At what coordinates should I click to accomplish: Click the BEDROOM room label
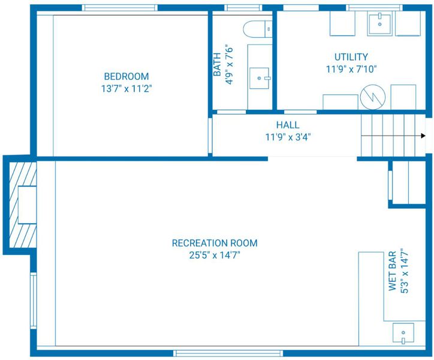pos(126,76)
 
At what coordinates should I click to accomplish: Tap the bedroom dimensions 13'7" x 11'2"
pos(126,89)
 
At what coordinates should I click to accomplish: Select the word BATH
pos(217,64)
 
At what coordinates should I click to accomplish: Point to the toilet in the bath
pos(258,29)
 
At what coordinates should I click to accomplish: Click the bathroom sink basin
pos(260,78)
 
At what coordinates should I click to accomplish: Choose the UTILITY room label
pos(351,57)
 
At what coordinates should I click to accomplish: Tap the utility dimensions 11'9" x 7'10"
pos(351,69)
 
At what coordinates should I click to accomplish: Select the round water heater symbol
pos(373,97)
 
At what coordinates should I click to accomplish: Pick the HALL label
pos(288,125)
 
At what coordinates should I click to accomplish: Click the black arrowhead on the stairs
pos(423,136)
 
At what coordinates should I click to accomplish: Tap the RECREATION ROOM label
pos(215,243)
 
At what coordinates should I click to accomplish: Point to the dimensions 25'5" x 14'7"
pos(215,255)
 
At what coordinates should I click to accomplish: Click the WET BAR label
pos(393,271)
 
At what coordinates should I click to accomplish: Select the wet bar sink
pos(403,333)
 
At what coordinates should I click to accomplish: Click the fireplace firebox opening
pos(27,205)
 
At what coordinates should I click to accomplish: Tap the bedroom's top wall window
pos(120,8)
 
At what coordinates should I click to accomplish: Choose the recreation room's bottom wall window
pos(228,353)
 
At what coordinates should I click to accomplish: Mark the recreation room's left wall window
pos(33,301)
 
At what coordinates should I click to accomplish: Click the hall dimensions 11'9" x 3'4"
pos(288,137)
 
